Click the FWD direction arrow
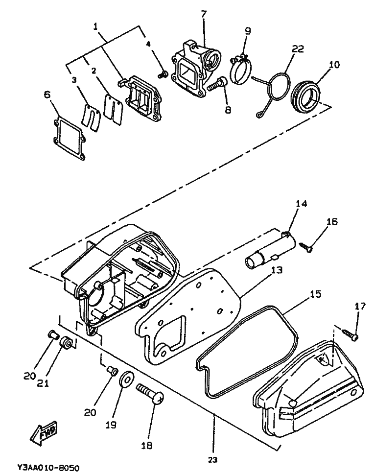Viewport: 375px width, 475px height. (44, 432)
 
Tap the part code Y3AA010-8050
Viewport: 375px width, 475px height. (48, 468)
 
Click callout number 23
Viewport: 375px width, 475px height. (213, 459)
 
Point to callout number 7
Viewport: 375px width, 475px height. (204, 13)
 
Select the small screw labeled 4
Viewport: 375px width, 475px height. (164, 74)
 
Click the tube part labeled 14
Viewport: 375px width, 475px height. (270, 250)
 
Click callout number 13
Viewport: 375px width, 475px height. (277, 270)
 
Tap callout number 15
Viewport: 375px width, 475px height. (315, 294)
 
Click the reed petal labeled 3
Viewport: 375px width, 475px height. (91, 117)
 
